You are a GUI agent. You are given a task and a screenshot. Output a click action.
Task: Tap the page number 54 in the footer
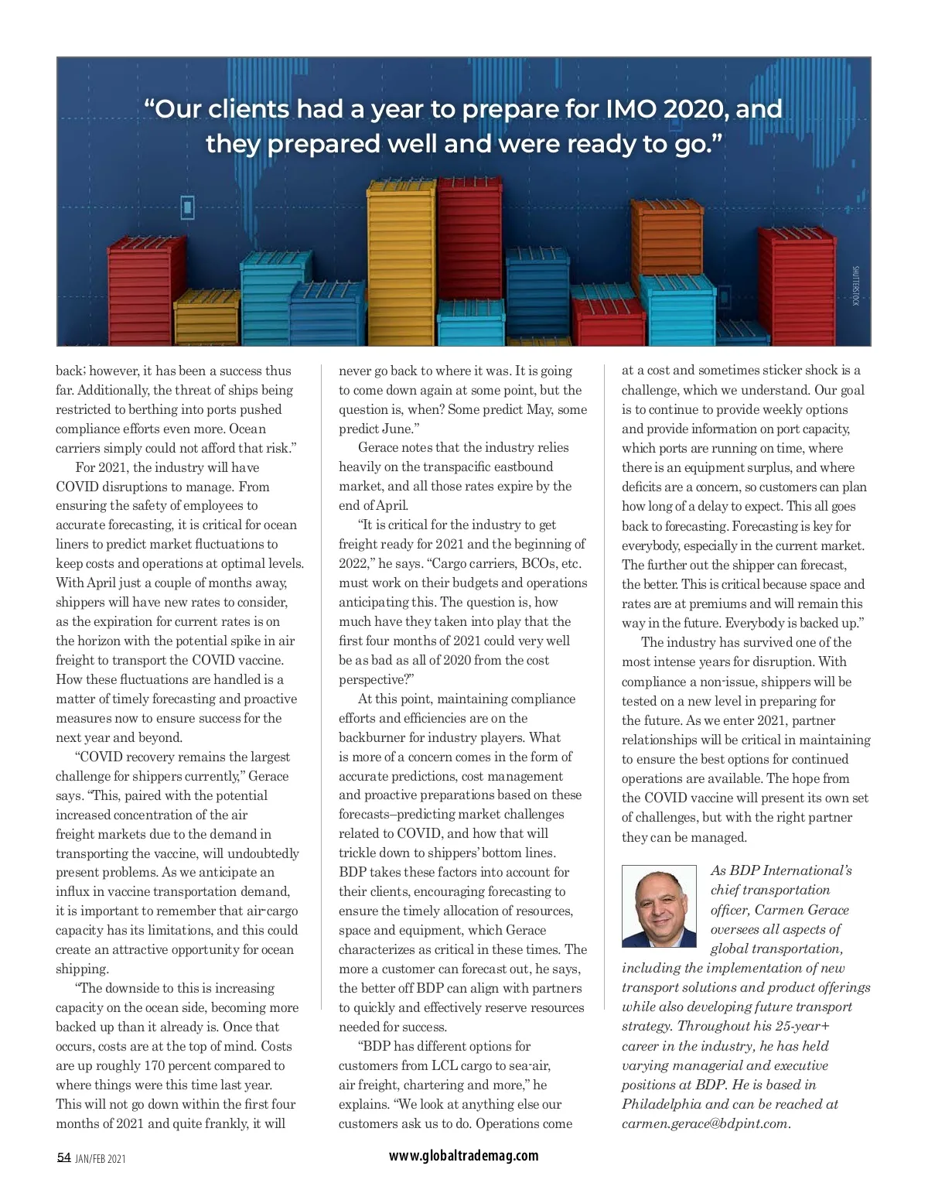coord(63,1157)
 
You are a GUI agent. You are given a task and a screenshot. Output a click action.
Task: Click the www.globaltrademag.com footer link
coord(463,1156)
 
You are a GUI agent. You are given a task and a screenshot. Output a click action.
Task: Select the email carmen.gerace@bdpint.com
coord(705,1123)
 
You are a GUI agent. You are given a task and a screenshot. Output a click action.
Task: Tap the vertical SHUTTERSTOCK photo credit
coord(855,286)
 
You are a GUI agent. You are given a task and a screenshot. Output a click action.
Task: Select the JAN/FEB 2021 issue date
coord(101,1159)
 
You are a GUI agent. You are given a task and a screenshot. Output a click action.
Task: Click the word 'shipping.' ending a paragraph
coord(82,969)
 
